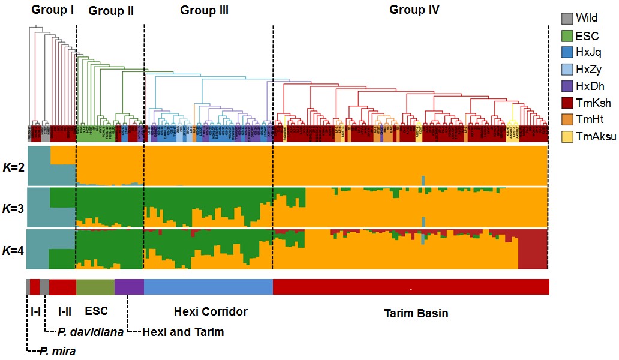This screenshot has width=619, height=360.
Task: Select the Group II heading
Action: pyautogui.click(x=111, y=11)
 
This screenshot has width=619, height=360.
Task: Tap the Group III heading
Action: pyautogui.click(x=204, y=10)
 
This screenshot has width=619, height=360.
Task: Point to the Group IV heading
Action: pyautogui.click(x=414, y=10)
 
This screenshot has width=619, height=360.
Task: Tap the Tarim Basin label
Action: pyautogui.click(x=415, y=314)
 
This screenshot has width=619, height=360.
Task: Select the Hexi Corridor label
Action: pyautogui.click(x=211, y=311)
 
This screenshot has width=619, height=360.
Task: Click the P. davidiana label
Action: pyautogui.click(x=90, y=332)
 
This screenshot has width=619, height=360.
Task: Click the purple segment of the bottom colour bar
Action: pyautogui.click(x=129, y=287)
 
